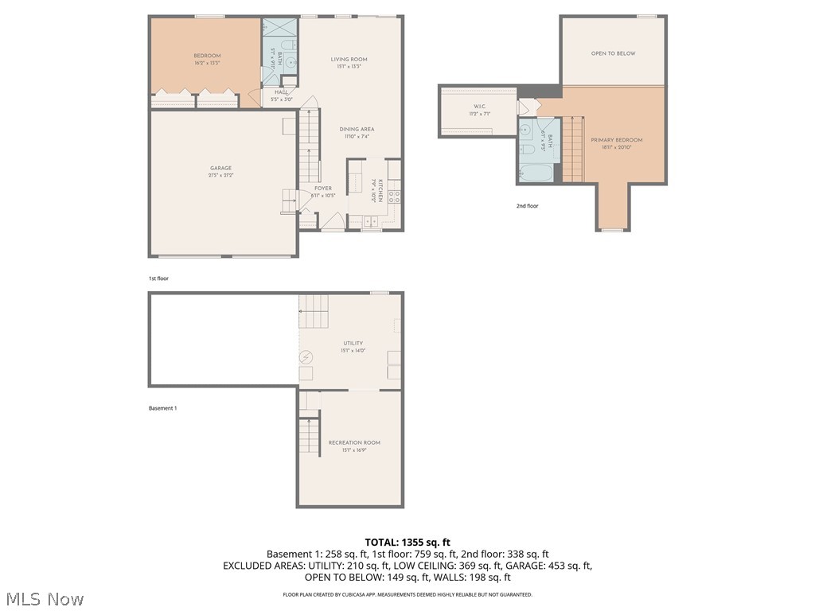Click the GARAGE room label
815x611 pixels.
(220, 168)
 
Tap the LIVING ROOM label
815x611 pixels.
(349, 59)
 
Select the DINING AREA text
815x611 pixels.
(357, 129)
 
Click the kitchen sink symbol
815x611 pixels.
(372, 224)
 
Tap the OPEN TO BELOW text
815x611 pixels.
(613, 53)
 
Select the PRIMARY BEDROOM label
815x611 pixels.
(616, 140)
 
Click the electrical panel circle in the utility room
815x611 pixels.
(306, 357)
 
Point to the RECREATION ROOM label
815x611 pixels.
(354, 442)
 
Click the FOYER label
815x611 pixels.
(310, 189)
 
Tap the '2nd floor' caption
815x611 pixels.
(527, 206)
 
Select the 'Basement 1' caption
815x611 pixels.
(162, 408)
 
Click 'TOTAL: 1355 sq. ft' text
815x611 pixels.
(407, 542)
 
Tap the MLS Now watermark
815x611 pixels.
(44, 598)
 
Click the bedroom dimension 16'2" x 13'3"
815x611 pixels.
(207, 62)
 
